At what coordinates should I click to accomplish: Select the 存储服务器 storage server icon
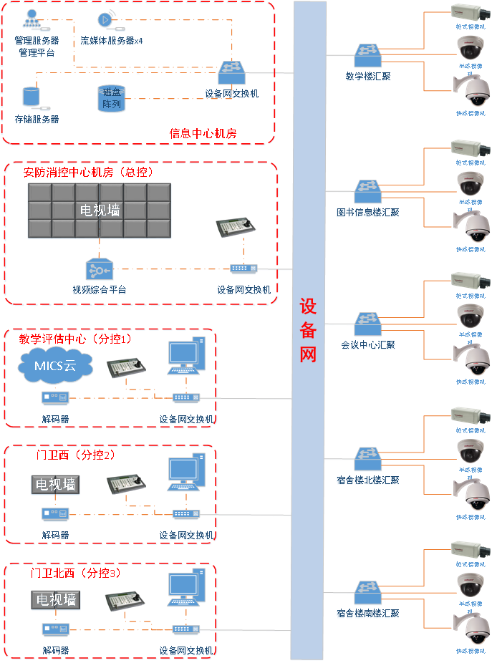point(31,99)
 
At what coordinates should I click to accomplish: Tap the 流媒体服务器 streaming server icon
point(106,19)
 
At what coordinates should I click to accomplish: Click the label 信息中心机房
point(203,133)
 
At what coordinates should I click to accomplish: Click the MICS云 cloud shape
point(55,367)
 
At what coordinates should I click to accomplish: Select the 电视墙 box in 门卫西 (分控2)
point(55,485)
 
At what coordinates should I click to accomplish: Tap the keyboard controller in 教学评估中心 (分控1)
point(126,367)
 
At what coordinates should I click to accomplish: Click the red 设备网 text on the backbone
point(308,330)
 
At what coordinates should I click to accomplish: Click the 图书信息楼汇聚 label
point(367,213)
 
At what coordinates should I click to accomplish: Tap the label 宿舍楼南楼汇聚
point(367,614)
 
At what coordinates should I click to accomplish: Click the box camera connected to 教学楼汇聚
point(470,11)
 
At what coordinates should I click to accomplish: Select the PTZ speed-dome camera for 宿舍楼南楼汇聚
point(473,629)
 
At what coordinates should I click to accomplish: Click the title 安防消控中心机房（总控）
point(89,173)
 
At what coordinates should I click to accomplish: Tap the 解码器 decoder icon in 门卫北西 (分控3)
point(54,630)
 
